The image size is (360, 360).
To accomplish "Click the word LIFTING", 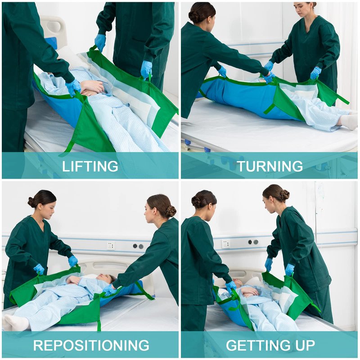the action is (90, 166).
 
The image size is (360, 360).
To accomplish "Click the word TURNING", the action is (270, 166).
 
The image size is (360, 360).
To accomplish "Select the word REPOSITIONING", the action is (91, 345).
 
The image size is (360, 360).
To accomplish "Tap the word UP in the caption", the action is (305, 345).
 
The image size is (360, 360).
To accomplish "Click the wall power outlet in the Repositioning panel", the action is (111, 245).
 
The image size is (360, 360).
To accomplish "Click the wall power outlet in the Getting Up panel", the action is (225, 243).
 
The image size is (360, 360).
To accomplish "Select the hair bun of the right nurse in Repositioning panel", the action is (171, 211).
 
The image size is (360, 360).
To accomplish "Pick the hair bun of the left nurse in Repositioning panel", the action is (31, 202).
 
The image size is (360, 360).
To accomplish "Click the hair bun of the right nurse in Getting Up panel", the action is (284, 195).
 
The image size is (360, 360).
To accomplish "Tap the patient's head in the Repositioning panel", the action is (106, 278).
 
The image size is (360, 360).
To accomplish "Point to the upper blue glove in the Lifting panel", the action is (100, 42).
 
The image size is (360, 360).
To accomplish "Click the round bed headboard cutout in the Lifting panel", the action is (54, 27).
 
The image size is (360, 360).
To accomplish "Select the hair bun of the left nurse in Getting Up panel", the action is (196, 202).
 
